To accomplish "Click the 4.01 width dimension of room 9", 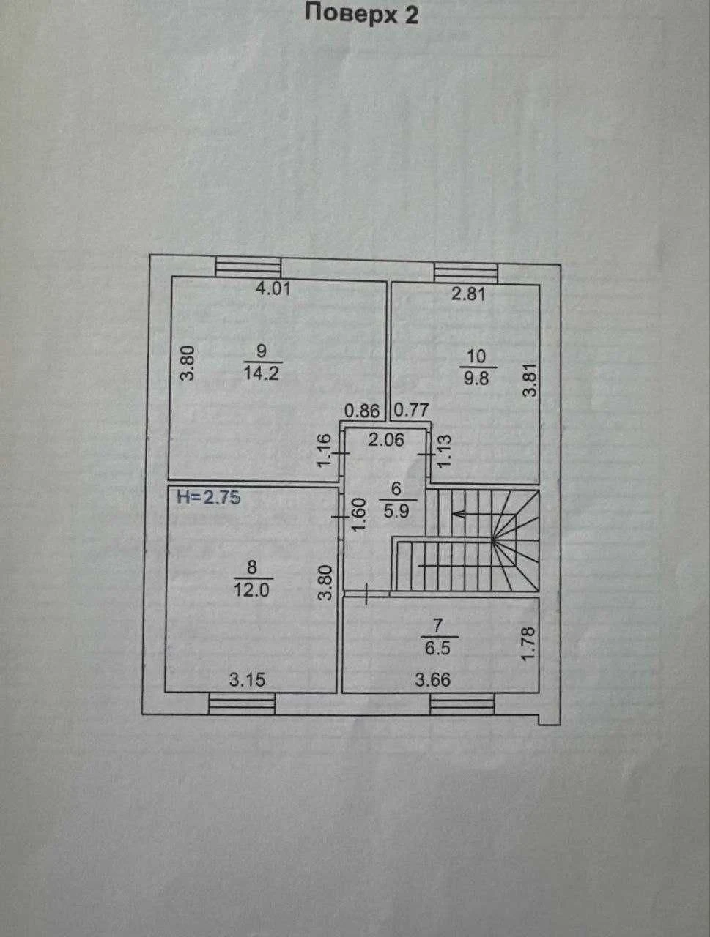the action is pyautogui.click(x=273, y=289).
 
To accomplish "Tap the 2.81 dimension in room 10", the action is pyautogui.click(x=469, y=294).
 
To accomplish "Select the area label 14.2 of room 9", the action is pyautogui.click(x=261, y=373).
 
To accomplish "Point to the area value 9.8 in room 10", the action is pyautogui.click(x=476, y=378).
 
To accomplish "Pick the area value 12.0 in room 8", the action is pyautogui.click(x=251, y=590).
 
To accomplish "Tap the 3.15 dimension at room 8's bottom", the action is pyautogui.click(x=248, y=679).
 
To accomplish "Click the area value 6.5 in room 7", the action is pyautogui.click(x=437, y=649).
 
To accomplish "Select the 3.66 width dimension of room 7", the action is pyautogui.click(x=433, y=680).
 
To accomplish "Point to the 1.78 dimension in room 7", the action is pyautogui.click(x=528, y=643).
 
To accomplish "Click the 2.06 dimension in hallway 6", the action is pyautogui.click(x=386, y=440).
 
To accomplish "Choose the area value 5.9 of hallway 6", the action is pyautogui.click(x=396, y=510).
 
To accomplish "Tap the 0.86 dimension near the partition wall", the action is pyautogui.click(x=362, y=411).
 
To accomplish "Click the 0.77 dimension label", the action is pyautogui.click(x=411, y=410).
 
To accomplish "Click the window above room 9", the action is pyautogui.click(x=248, y=267).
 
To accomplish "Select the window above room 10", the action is pyautogui.click(x=466, y=273).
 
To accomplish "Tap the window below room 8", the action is pyautogui.click(x=242, y=704).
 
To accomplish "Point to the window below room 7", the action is pyautogui.click(x=462, y=704).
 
